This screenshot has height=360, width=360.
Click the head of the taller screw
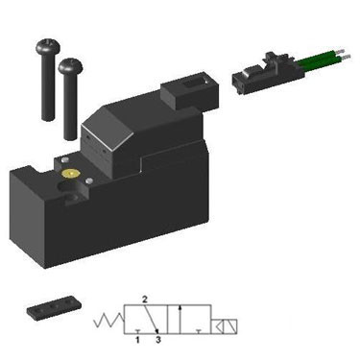click(48, 46)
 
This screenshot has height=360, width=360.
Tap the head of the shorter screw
click(70, 65)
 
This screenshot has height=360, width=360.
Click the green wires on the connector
click(317, 60)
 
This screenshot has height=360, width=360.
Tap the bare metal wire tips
click(343, 54)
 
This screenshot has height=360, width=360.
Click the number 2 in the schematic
click(145, 300)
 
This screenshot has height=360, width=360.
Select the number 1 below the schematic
click(137, 340)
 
